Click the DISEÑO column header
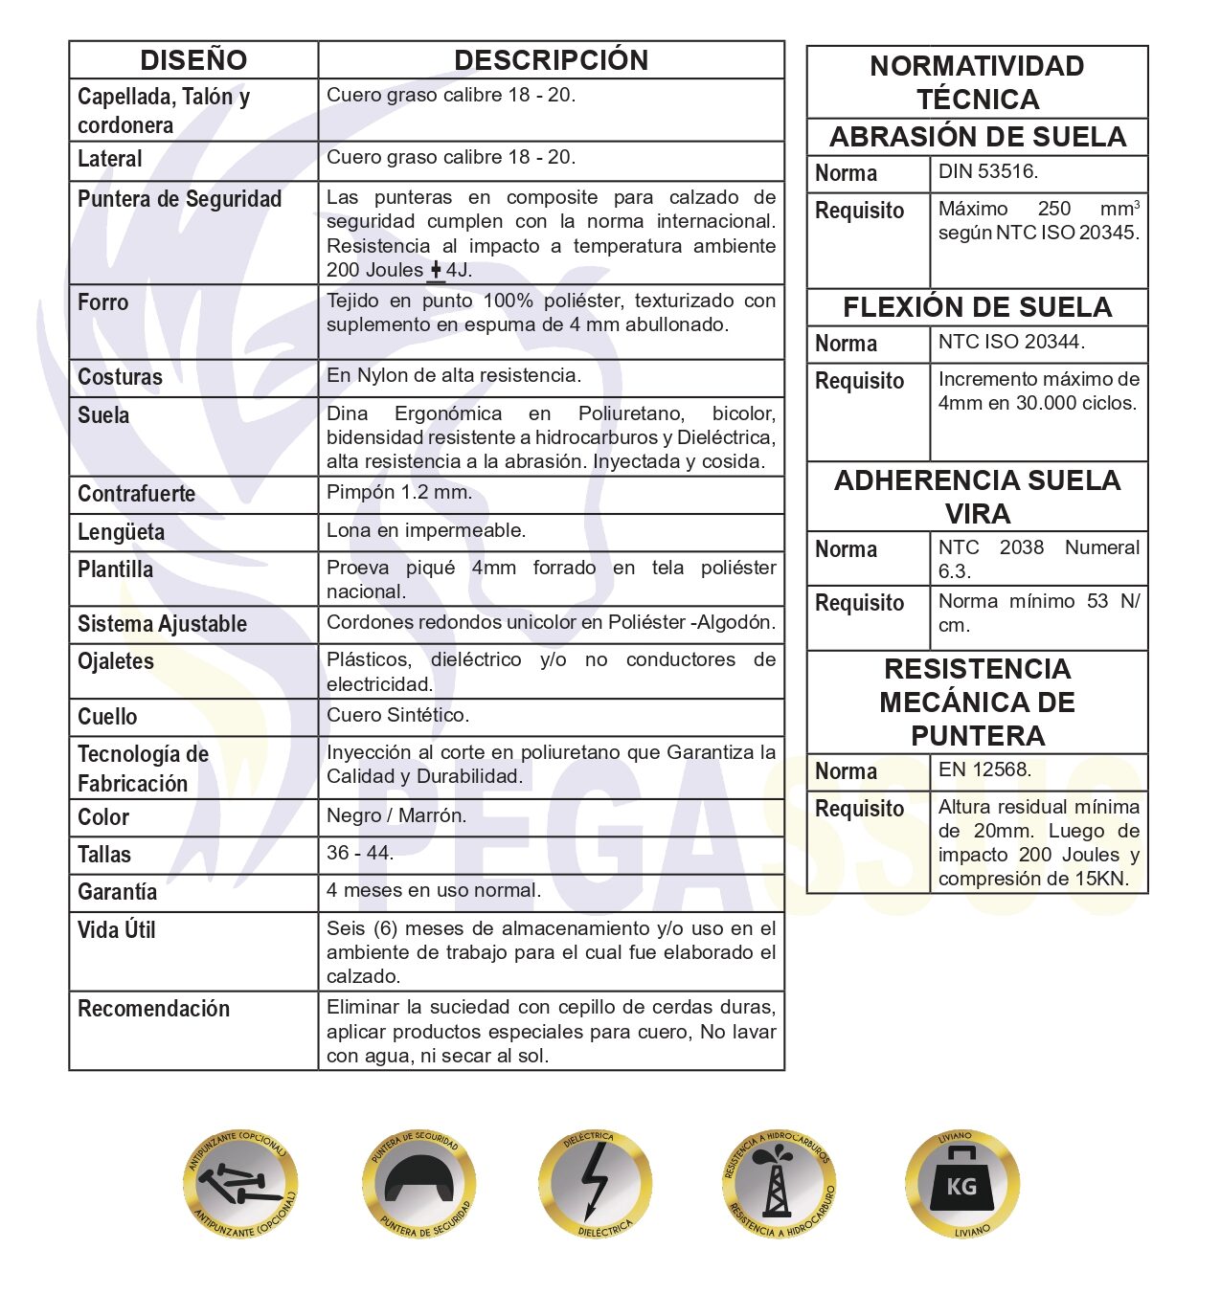point(193,60)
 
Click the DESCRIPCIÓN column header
point(551,60)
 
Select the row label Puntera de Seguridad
point(180,199)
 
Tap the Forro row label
point(103,302)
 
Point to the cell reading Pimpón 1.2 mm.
point(399,493)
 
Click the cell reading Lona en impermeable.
point(426,530)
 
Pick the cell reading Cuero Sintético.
point(397,715)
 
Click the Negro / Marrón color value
point(396,815)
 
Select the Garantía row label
point(118,892)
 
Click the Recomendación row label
point(154,1009)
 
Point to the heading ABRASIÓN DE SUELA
point(977,137)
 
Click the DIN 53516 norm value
point(987,172)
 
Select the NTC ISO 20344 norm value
point(1011,343)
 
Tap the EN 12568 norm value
point(984,770)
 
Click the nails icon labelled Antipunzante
point(240,1185)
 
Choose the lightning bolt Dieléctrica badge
point(595,1185)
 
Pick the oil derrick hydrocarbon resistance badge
point(779,1185)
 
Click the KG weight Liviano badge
point(961,1185)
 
